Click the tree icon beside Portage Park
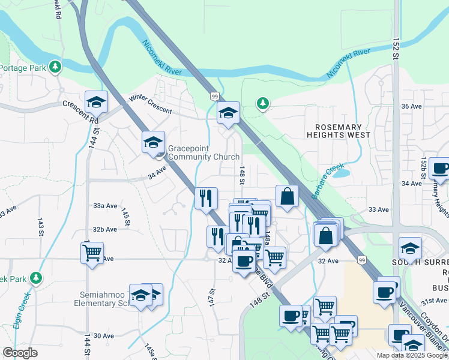(55, 66)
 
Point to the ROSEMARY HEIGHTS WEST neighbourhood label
(347, 131)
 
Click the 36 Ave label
(411, 106)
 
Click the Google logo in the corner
(20, 353)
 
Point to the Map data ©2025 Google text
(412, 355)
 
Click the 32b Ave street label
(104, 229)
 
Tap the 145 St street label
(126, 217)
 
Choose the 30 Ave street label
(104, 336)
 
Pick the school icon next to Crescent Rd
(95, 102)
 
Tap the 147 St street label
(211, 295)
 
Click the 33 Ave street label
(379, 209)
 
